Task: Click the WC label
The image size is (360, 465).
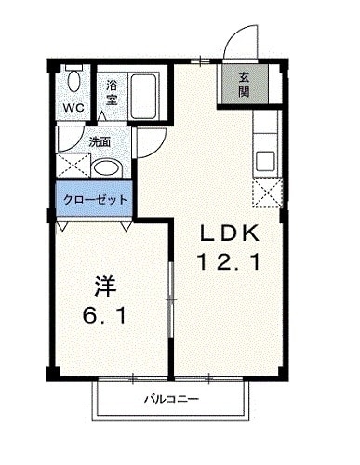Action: tap(73, 108)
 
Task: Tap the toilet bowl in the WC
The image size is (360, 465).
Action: tap(74, 81)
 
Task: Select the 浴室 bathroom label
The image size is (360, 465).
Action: tap(112, 92)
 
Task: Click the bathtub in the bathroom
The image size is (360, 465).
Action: tap(143, 97)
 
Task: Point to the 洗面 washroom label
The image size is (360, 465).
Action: tap(100, 142)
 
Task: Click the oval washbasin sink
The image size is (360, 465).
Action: tap(107, 168)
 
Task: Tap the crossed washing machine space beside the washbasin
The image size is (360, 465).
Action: tap(73, 166)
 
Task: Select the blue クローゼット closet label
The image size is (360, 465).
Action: tap(95, 199)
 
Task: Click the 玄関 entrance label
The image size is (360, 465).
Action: tap(244, 85)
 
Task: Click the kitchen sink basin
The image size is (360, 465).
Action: tap(265, 161)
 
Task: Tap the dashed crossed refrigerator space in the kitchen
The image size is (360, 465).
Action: tap(268, 193)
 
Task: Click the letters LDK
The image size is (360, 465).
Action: tap(230, 233)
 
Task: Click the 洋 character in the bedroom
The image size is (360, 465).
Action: tap(105, 286)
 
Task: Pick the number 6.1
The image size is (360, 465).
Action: tap(104, 315)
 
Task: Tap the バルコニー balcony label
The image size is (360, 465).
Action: tap(171, 399)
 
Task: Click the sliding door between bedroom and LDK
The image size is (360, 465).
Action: tap(170, 299)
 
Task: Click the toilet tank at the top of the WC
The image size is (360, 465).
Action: tap(74, 67)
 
